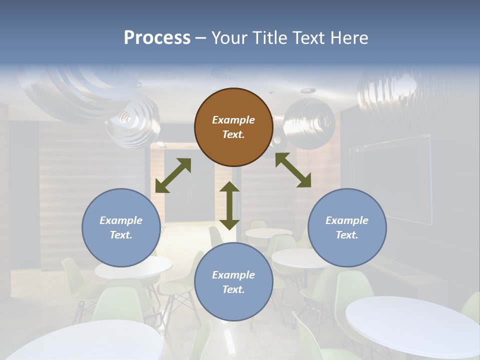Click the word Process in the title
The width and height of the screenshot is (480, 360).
pos(157,38)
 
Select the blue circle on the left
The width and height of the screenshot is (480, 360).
pos(121,227)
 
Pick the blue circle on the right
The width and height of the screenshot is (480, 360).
pos(347,227)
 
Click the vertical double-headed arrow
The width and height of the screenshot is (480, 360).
pos(229,205)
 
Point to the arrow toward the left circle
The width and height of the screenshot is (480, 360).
pos(173,175)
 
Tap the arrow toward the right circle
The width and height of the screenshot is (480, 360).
pos(293,170)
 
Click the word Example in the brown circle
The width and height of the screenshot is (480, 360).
pos(233,120)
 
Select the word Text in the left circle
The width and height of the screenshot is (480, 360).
pos(120,235)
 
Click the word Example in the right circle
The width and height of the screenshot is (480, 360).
pos(347,220)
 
